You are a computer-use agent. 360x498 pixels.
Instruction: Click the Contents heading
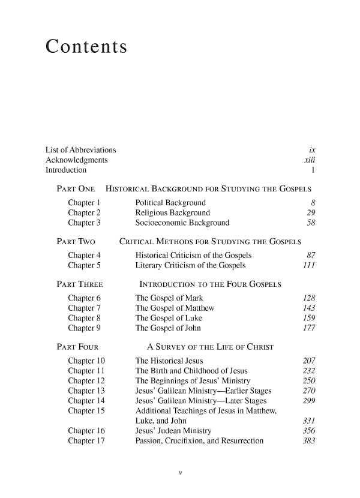pyautogui.click(x=86, y=47)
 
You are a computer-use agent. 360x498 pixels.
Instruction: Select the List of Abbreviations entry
pyautogui.click(x=81, y=149)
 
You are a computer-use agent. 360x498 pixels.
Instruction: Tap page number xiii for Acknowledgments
pyautogui.click(x=310, y=160)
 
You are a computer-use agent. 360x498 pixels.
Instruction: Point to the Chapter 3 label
pyautogui.click(x=84, y=223)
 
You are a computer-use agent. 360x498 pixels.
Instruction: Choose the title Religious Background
pyautogui.click(x=173, y=212)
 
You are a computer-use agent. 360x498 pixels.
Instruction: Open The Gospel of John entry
pyautogui.click(x=169, y=328)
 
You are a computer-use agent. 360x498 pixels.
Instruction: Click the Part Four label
pyautogui.click(x=77, y=347)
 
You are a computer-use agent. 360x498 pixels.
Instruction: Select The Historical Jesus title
pyautogui.click(x=169, y=361)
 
